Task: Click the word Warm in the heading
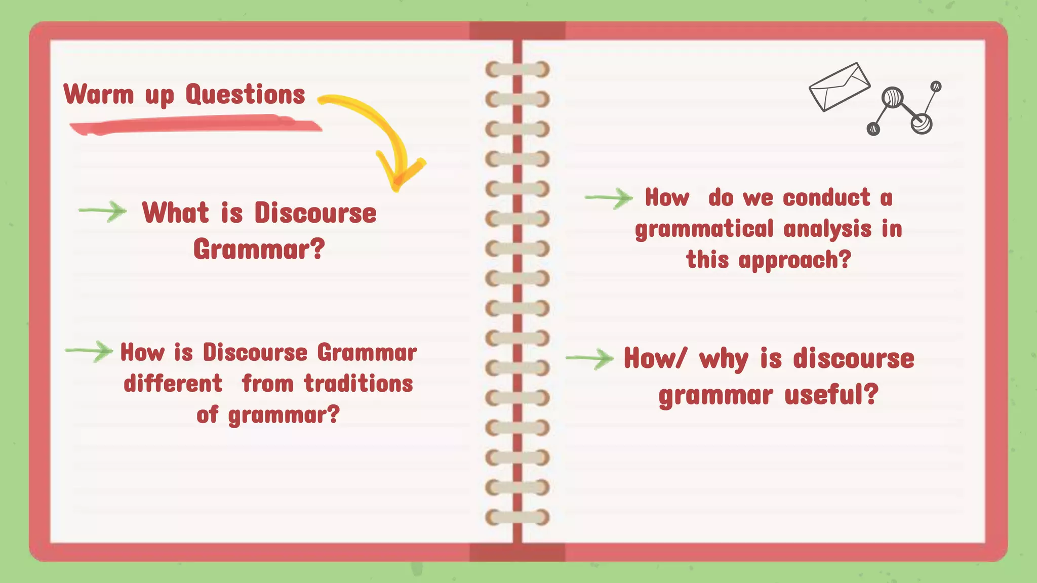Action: point(99,95)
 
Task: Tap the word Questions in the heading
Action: point(245,95)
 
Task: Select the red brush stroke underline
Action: point(195,125)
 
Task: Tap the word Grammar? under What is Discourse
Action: point(259,249)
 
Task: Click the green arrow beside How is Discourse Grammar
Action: point(89,351)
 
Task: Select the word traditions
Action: point(358,384)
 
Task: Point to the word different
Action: point(173,384)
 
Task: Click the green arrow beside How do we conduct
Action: point(609,198)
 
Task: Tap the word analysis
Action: point(827,229)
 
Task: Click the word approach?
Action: point(794,260)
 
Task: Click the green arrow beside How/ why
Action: point(590,358)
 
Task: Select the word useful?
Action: point(831,395)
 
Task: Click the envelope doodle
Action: point(839,87)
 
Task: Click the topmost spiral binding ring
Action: point(517,69)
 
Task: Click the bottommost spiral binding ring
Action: point(517,517)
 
